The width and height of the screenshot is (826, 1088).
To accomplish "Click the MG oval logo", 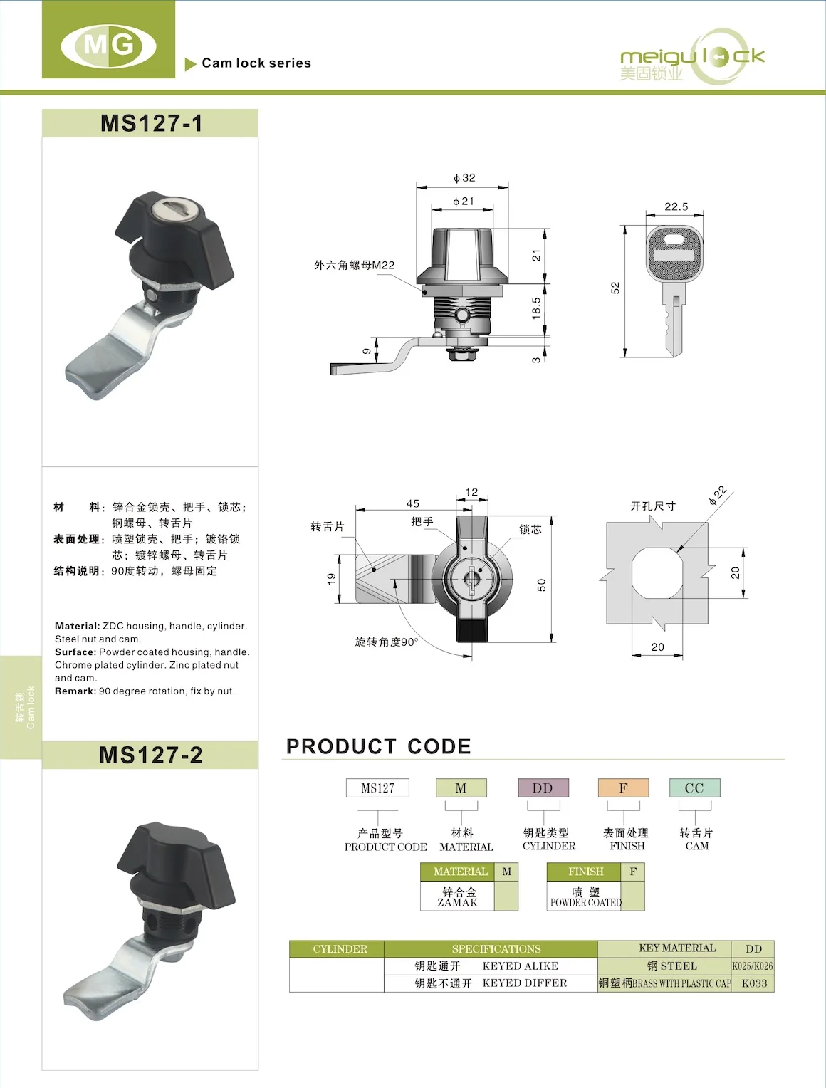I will tap(108, 46).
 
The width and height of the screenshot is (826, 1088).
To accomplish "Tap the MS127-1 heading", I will tap(151, 123).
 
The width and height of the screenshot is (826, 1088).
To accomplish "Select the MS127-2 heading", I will tap(151, 755).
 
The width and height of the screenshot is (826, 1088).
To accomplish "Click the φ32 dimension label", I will tap(464, 178).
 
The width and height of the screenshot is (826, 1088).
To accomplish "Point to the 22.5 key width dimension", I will tap(676, 206).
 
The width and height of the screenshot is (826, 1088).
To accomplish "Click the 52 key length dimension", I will tap(615, 288).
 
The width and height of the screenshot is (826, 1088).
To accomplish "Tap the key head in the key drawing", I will tap(674, 254).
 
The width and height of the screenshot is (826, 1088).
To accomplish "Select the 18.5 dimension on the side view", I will tap(536, 308).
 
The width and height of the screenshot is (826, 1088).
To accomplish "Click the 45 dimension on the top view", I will tap(413, 503).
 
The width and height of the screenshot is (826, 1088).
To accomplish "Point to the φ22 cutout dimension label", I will tap(717, 496).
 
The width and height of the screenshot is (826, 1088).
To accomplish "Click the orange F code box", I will tap(623, 788).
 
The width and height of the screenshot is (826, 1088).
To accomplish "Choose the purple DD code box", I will tap(543, 788).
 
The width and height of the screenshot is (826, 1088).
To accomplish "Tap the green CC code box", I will tap(694, 788).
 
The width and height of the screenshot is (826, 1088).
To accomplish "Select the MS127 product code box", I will tap(377, 788).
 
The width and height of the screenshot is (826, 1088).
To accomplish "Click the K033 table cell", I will tap(754, 983).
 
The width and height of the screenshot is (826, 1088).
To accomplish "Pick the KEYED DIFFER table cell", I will tap(525, 983).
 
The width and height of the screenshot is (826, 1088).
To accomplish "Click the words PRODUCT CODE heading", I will tap(379, 746).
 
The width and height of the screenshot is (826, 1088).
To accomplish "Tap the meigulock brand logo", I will tap(692, 58).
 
